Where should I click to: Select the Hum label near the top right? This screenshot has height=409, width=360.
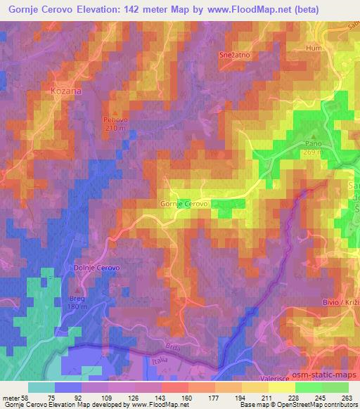tap(314, 48)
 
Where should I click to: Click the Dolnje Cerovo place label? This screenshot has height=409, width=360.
tap(98, 268)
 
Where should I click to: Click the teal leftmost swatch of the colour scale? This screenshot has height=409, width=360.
tap(41, 387)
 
